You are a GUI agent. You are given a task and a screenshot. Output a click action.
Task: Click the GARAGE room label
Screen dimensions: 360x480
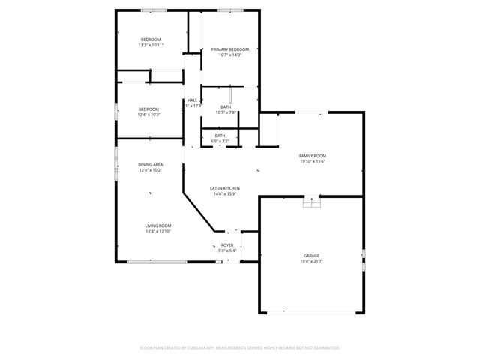311,256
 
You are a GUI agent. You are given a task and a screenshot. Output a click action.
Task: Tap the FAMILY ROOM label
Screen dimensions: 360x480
313,155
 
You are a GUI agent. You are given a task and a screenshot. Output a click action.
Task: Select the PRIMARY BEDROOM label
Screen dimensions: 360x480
229,49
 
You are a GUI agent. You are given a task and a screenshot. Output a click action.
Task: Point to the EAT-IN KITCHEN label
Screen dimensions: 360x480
223,188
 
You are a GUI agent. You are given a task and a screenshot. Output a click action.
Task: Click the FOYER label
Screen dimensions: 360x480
227,245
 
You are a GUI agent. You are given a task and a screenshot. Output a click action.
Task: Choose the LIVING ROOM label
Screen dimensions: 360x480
158,226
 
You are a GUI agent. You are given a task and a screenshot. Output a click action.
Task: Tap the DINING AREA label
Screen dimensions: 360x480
150,164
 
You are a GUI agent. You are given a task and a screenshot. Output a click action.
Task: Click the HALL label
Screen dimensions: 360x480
193,100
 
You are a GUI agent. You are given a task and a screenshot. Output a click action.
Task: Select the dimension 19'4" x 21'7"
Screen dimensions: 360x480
311,262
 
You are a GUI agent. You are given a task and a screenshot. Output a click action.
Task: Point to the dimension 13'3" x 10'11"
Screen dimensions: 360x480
151,45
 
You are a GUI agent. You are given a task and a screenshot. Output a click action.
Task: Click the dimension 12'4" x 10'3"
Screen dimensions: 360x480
148,115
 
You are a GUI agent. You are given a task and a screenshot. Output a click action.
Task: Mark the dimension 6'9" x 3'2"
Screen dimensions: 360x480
220,141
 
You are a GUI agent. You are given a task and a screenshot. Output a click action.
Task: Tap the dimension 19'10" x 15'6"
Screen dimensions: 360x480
313,161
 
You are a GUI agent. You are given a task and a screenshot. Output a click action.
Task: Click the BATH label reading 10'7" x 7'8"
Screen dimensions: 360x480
226,107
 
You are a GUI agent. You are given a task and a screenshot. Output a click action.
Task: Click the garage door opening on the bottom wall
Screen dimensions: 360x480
311,312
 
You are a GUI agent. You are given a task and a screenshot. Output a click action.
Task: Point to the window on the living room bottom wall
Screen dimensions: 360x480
157,262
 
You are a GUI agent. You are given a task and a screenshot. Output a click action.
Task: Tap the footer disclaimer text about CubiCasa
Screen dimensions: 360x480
240,347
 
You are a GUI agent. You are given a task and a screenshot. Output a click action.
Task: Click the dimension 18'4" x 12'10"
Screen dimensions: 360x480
158,232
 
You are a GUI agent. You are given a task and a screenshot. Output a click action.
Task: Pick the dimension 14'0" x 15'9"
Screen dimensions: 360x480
223,194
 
